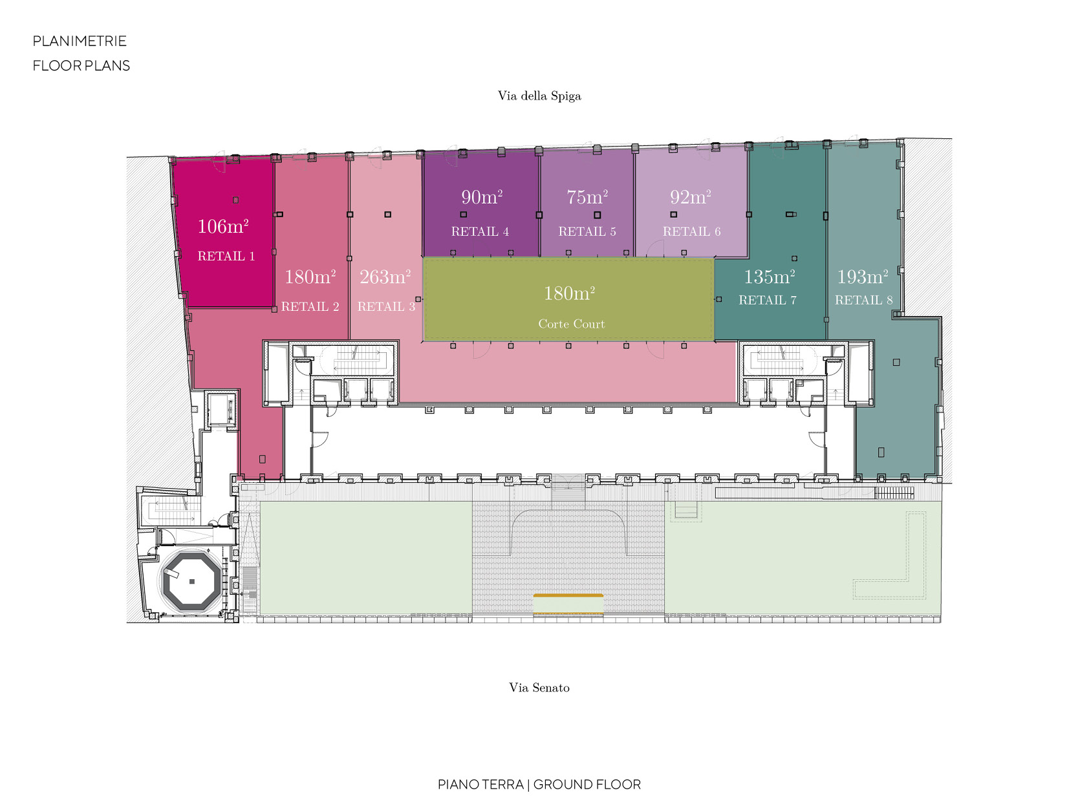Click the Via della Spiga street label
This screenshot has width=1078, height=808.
(539, 95)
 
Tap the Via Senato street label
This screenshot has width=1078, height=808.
(539, 687)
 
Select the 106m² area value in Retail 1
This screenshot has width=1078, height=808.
(223, 226)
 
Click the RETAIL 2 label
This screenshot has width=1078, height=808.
(310, 306)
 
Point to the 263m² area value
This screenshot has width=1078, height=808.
(385, 277)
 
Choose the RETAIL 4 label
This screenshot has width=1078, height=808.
(480, 231)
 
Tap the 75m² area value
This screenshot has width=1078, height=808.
(587, 197)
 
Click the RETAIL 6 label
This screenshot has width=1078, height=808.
(691, 231)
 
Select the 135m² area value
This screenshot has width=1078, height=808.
(769, 277)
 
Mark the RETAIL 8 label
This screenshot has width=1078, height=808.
(863, 300)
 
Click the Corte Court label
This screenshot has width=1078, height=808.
(571, 324)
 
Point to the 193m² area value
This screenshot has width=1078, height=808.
(863, 277)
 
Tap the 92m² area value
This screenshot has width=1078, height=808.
(691, 197)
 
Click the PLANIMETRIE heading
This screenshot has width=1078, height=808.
(80, 41)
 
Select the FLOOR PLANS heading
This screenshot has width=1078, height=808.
(81, 65)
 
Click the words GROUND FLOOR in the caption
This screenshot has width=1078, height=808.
(587, 785)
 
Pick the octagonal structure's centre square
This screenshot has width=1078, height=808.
(192, 581)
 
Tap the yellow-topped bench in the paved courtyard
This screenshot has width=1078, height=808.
(568, 604)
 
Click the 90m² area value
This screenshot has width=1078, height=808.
(481, 197)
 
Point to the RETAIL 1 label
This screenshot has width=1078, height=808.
(226, 256)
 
